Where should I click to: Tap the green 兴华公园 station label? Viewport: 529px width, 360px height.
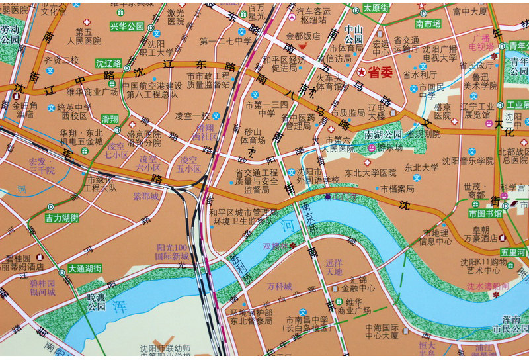pyautogui.click(x=127, y=26)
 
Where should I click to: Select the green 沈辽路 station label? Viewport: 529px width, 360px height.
pyautogui.click(x=108, y=64)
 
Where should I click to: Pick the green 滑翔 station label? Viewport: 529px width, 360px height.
pyautogui.click(x=110, y=119)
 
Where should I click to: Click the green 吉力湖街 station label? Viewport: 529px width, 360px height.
pyautogui.click(x=61, y=217)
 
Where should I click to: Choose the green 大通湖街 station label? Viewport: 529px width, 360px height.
pyautogui.click(x=85, y=269)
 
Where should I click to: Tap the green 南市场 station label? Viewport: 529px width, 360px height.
pyautogui.click(x=428, y=24)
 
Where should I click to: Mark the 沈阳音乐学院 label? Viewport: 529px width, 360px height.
pyautogui.click(x=468, y=161)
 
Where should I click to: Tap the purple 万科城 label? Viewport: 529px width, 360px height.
pyautogui.click(x=279, y=287)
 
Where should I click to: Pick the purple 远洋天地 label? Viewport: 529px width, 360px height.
pyautogui.click(x=335, y=267)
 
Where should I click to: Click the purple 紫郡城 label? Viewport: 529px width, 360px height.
pyautogui.click(x=146, y=196)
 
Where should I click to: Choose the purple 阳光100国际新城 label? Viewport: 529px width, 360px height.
pyautogui.click(x=172, y=251)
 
